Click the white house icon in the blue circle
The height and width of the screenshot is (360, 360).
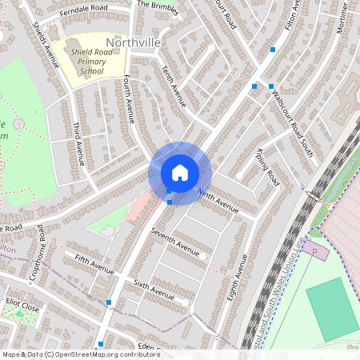pyautogui.click(x=180, y=173)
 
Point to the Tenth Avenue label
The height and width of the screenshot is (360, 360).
pyautogui.click(x=174, y=86)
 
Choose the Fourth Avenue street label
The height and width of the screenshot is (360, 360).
pyautogui.click(x=129, y=100)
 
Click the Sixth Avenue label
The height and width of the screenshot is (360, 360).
pyautogui.click(x=154, y=290)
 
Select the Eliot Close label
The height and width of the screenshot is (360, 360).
pyautogui.click(x=22, y=305)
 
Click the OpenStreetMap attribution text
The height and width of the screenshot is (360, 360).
pyautogui.click(x=80, y=354)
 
